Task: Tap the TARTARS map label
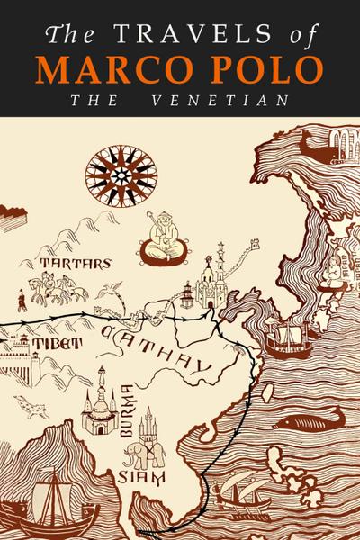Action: [x=76, y=264]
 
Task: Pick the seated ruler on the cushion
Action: [x=165, y=239]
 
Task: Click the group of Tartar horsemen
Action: [x=56, y=288]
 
